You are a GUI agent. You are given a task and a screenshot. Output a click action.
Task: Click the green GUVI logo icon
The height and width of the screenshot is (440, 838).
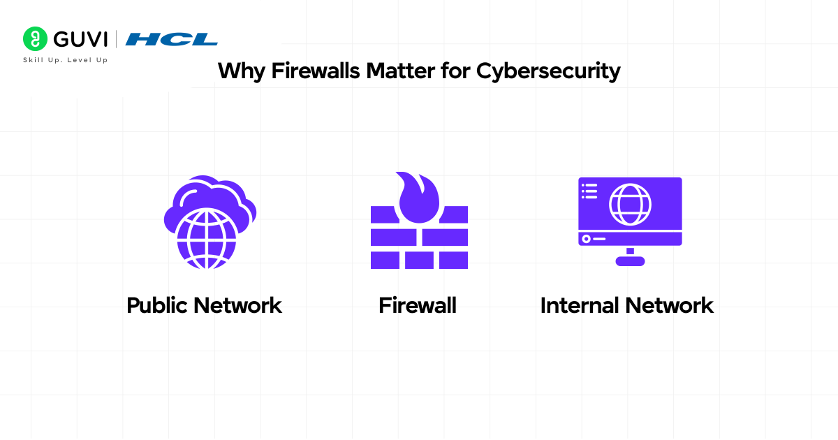(x=35, y=39)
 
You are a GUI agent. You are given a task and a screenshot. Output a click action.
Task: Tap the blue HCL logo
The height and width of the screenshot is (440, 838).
(x=171, y=40)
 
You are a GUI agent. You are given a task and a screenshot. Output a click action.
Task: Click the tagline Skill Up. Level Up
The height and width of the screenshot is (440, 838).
(x=66, y=60)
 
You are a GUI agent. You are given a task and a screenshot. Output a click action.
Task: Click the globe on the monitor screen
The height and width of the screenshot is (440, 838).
(x=630, y=204)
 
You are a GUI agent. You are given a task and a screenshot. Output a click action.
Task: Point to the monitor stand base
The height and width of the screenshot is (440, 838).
(x=630, y=261)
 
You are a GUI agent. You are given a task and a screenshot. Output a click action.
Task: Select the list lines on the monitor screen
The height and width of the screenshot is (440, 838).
(x=589, y=190)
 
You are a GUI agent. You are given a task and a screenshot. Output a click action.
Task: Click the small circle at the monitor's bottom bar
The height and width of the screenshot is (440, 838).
(x=586, y=239)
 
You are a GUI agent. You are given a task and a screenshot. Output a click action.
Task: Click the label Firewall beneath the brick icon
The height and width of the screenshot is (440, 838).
(x=418, y=306)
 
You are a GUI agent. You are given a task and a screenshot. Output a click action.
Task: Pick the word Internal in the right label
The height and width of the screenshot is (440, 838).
(x=580, y=306)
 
